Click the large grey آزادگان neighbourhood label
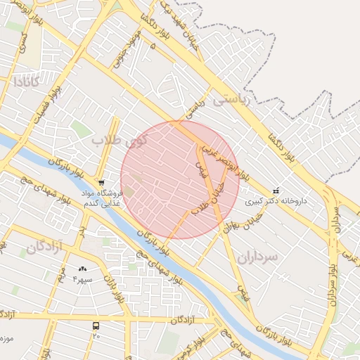pyautogui.click(x=45, y=247)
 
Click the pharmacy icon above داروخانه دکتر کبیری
pyautogui.click(x=275, y=190)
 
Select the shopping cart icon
pyautogui.click(x=103, y=182)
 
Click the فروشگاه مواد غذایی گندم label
pyautogui.click(x=103, y=198)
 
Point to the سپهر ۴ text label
pyautogui.click(x=84, y=279)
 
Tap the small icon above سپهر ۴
pyautogui.click(x=83, y=269)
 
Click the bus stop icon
pyautogui.click(x=96, y=326)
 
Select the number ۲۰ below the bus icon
pyautogui.click(x=96, y=336)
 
